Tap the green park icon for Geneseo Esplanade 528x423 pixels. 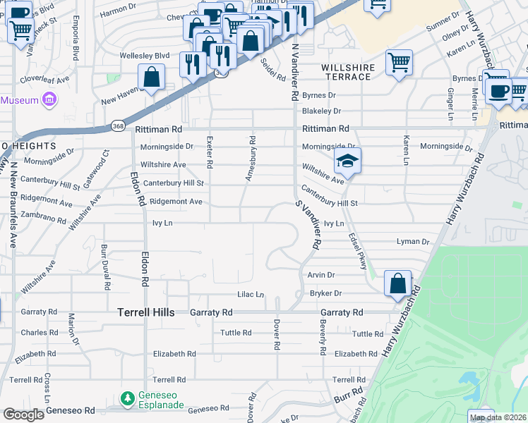click(128, 399)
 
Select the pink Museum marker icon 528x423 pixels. click(49, 100)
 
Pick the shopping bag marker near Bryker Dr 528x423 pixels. click(397, 283)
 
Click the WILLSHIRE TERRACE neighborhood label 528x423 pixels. click(346, 71)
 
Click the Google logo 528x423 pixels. click(23, 414)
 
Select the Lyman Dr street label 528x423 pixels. click(413, 242)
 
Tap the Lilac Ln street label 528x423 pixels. click(249, 294)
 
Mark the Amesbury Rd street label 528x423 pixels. click(250, 160)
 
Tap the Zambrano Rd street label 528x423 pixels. click(44, 219)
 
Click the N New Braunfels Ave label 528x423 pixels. click(13, 204)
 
